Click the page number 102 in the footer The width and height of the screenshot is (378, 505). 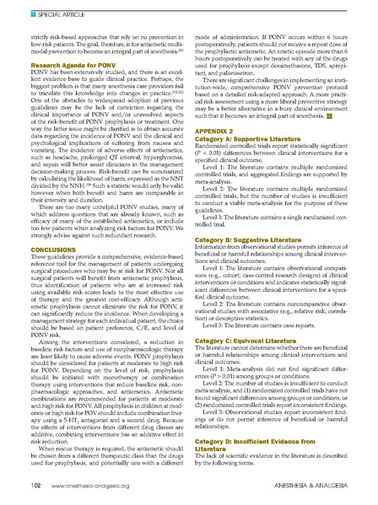(x=35, y=486)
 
